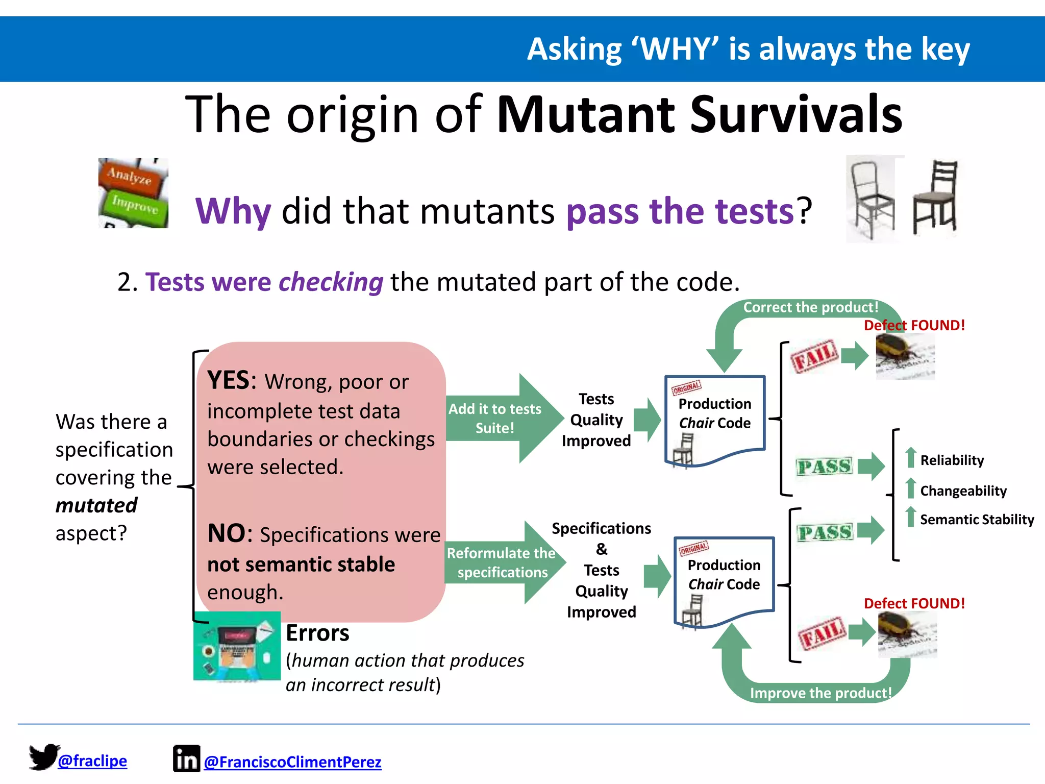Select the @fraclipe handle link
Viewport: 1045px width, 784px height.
(92, 761)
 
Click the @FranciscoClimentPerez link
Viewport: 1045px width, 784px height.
(292, 762)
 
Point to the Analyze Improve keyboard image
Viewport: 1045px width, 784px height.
(133, 193)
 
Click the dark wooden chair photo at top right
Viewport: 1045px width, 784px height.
(935, 198)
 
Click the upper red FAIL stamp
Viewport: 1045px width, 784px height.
(814, 356)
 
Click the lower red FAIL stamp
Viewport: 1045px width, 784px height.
(822, 633)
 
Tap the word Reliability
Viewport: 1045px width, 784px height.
(952, 460)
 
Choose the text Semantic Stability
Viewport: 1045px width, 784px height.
(977, 520)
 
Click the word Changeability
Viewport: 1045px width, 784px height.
(963, 491)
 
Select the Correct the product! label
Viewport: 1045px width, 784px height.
(810, 307)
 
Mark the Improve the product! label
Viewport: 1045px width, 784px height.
(820, 693)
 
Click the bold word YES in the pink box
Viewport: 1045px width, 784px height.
(228, 381)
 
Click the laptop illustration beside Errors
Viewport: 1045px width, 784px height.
(237, 646)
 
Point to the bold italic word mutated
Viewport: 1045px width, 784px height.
(96, 505)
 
